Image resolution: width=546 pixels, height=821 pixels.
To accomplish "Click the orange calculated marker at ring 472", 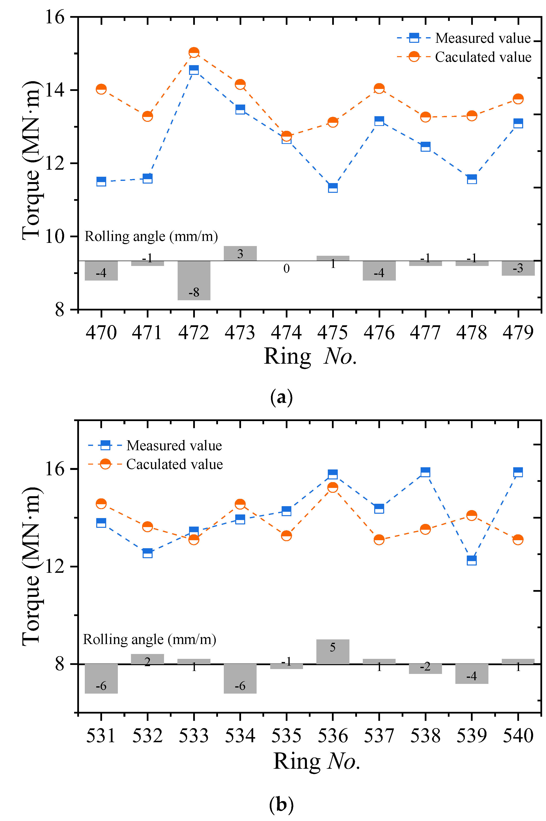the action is (194, 52).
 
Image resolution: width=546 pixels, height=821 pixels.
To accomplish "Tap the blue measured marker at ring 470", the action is (101, 181).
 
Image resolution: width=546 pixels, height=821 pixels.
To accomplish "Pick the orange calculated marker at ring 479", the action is (518, 98).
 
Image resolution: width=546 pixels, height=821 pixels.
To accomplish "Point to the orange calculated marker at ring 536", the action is (333, 487).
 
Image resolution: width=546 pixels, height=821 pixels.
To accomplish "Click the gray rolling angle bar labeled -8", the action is (194, 280).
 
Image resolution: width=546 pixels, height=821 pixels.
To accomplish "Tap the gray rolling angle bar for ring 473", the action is (240, 253).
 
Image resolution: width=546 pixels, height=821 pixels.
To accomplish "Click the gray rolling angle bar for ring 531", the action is (101, 679).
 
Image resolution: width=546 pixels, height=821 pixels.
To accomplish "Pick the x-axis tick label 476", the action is (379, 332).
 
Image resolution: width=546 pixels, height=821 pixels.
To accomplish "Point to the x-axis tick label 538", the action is (425, 736).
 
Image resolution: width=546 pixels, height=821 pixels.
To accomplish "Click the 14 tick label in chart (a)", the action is (55, 90).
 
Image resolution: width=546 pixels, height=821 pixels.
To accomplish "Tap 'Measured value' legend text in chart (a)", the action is (483, 38).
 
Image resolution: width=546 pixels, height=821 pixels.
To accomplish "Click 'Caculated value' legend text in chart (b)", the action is (174, 464).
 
